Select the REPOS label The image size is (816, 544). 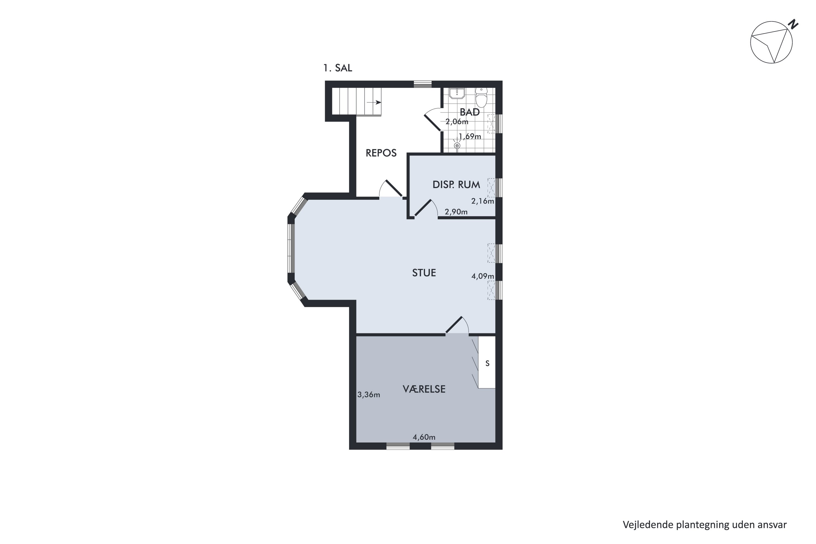pyautogui.click(x=381, y=153)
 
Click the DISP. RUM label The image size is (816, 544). pyautogui.click(x=456, y=185)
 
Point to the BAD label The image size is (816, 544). pyautogui.click(x=469, y=112)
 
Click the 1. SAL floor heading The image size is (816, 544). pyautogui.click(x=337, y=68)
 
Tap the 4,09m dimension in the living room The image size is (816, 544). pyautogui.click(x=482, y=277)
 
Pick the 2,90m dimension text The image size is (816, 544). pyautogui.click(x=456, y=212)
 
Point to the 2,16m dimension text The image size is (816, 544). pyautogui.click(x=482, y=201)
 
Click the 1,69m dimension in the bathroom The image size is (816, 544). pyautogui.click(x=470, y=136)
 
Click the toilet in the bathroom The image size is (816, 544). pyautogui.click(x=481, y=97)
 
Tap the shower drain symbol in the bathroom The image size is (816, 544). pyautogui.click(x=457, y=146)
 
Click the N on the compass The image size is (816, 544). pyautogui.click(x=793, y=25)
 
